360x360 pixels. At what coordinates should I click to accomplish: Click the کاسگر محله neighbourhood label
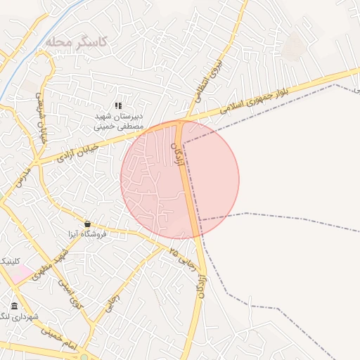click(77, 42)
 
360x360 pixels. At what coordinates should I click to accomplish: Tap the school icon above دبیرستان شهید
click(118, 106)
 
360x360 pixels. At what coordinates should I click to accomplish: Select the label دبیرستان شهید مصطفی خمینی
click(119, 122)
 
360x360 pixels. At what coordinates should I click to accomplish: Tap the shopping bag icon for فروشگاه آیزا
click(87, 224)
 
